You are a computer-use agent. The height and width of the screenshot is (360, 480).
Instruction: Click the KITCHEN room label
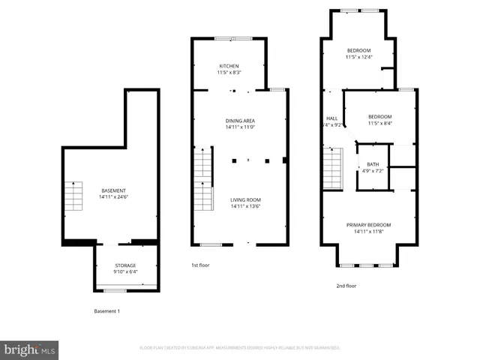point(229,65)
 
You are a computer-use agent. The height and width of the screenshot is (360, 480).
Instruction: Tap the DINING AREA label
point(241,120)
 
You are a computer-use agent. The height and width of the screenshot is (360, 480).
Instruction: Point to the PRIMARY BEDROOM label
point(368,225)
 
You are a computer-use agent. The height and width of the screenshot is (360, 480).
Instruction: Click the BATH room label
point(373,164)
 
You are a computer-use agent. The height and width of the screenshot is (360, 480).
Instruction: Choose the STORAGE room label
point(125,265)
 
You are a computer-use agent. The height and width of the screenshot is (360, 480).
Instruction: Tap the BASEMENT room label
point(114,190)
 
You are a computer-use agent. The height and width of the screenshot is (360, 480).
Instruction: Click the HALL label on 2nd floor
point(331,118)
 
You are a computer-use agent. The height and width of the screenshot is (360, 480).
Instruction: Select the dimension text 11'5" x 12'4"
point(358,57)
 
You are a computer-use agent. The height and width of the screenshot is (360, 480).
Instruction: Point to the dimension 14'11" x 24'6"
point(114,197)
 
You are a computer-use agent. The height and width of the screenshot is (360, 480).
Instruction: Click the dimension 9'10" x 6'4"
point(125,271)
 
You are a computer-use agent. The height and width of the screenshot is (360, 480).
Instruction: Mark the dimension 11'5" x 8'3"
point(229,72)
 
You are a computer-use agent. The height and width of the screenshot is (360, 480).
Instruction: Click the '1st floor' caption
point(201,265)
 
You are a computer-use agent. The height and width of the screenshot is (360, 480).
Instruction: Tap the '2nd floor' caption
point(346,286)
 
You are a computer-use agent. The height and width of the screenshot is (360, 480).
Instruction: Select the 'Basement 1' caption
point(106,311)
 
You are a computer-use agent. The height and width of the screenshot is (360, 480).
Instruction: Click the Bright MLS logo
point(30,349)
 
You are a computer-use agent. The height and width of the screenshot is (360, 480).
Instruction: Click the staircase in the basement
point(73,197)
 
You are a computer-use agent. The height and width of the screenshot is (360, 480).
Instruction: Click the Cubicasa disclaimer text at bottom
point(240,348)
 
